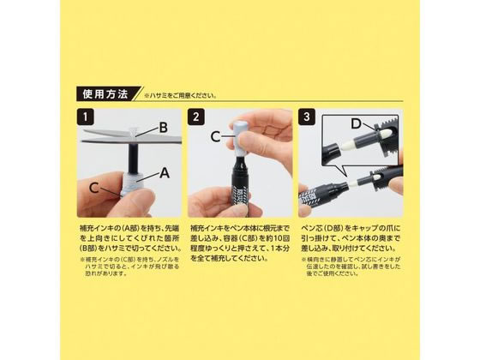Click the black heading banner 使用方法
[x=105, y=94]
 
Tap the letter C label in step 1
[x=93, y=186]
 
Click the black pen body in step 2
[x=243, y=189]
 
